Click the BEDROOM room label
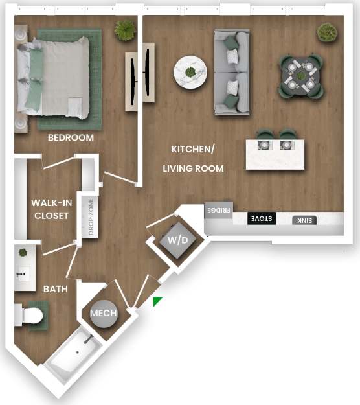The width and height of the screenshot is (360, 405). [x=71, y=138]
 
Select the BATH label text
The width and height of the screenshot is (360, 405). [x=56, y=289]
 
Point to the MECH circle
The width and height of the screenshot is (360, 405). [x=103, y=313]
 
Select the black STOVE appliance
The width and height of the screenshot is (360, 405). [x=262, y=218]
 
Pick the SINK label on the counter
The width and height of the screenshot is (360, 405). [x=304, y=220]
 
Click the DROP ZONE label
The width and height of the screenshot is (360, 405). [x=90, y=216]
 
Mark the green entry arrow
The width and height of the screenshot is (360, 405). [x=157, y=301]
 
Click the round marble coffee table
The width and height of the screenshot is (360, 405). [x=190, y=71]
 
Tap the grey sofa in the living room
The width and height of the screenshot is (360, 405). [x=232, y=73]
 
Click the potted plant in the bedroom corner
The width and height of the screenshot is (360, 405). [x=124, y=30]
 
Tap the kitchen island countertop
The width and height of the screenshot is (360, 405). [x=275, y=154]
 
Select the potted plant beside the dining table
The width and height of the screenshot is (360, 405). [x=326, y=32]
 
